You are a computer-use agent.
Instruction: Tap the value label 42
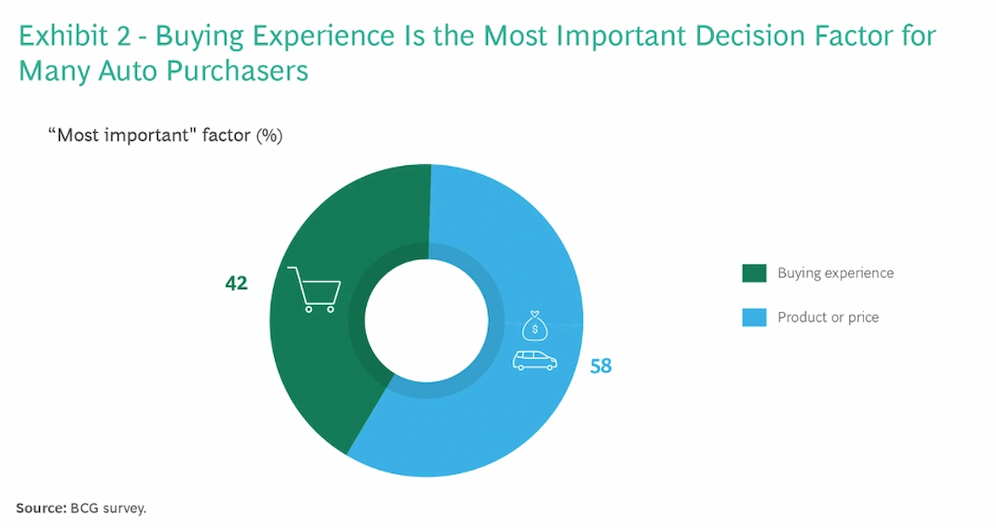tap(237, 283)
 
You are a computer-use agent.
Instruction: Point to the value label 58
tap(601, 365)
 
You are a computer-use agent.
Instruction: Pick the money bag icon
tap(535, 326)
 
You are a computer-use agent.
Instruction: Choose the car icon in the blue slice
tap(535, 360)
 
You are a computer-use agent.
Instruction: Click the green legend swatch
tap(754, 273)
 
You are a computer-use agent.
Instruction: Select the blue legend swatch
tap(754, 317)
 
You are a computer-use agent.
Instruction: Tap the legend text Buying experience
tap(835, 273)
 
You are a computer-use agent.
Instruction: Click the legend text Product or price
tap(828, 317)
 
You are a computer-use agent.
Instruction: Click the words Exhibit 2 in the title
tap(74, 37)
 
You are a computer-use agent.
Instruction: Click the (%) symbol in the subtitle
tap(269, 135)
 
